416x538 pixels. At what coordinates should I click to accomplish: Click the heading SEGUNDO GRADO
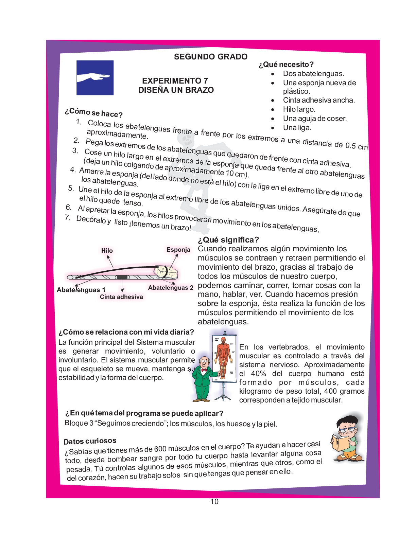click(x=210, y=57)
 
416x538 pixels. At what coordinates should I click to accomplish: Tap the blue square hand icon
click(x=95, y=78)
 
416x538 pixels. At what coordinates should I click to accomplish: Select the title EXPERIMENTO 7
click(x=175, y=81)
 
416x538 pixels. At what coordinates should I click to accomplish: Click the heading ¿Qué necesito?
click(x=286, y=65)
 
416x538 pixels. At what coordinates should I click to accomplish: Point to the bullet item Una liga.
click(x=297, y=128)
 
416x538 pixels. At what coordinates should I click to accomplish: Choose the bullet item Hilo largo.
click(x=299, y=109)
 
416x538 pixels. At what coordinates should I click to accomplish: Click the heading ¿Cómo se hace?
click(x=93, y=113)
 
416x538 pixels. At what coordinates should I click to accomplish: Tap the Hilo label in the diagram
click(x=107, y=251)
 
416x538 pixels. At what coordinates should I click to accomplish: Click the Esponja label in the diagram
click(x=178, y=250)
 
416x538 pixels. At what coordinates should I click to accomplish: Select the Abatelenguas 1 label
click(x=81, y=290)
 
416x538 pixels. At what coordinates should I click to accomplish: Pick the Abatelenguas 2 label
click(x=171, y=288)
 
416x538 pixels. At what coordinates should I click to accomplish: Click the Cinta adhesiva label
click(x=121, y=297)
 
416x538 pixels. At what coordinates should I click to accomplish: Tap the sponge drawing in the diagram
click(x=166, y=271)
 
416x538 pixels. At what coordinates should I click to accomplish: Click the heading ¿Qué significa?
click(x=228, y=240)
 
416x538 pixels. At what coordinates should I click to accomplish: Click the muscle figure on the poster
click(x=223, y=357)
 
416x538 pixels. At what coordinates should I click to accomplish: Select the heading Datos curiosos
click(x=90, y=441)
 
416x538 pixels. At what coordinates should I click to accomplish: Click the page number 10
click(x=214, y=502)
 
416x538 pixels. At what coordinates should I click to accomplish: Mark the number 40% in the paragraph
click(x=258, y=374)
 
